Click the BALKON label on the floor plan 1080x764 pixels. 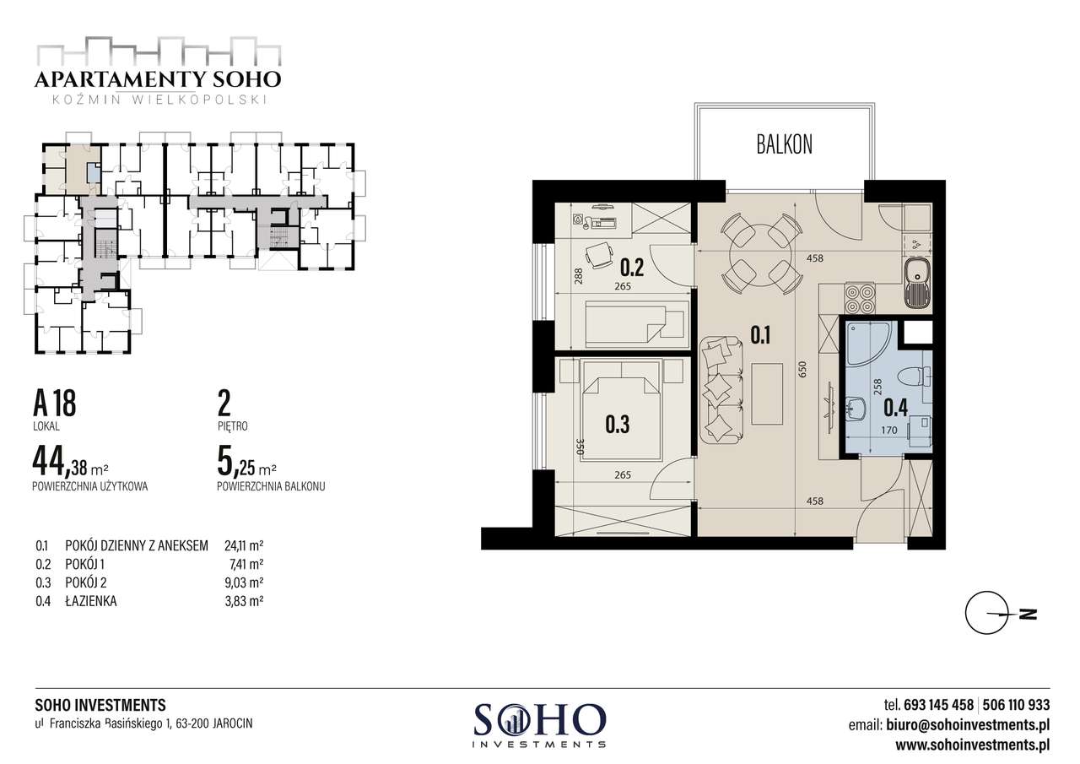tap(784, 144)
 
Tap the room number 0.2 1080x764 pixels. tap(632, 268)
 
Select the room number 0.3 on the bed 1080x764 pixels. tap(617, 424)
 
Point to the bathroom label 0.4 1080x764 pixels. tap(895, 408)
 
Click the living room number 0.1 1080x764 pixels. tap(760, 335)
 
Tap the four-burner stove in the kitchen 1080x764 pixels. tap(860, 299)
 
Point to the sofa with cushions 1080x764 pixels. tap(721, 390)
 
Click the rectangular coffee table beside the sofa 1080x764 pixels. tap(767, 394)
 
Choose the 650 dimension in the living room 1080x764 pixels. tap(802, 370)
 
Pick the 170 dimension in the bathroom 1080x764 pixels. tap(889, 430)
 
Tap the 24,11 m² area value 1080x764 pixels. tap(244, 545)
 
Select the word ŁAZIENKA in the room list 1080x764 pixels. tap(91, 601)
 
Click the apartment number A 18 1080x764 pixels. tap(55, 404)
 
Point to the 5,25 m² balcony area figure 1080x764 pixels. tap(246, 464)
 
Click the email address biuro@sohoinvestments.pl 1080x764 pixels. tap(968, 725)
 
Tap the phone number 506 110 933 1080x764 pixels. tap(1017, 705)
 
